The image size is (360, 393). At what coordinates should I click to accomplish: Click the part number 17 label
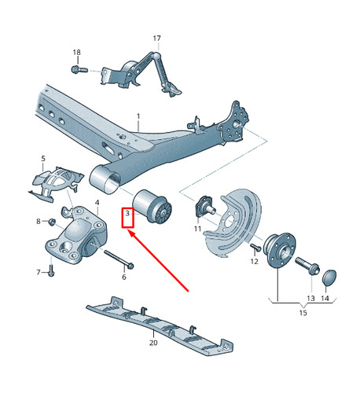pos(156,39)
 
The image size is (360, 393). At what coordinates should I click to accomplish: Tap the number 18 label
pos(76,52)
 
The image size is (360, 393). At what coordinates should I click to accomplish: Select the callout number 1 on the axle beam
pos(138,117)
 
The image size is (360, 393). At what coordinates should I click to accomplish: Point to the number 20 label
pos(153,343)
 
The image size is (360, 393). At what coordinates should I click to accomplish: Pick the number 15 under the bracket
pos(303,314)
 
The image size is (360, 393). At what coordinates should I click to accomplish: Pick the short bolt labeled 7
pos(50,270)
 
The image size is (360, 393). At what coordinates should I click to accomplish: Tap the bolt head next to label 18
pos(76,69)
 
